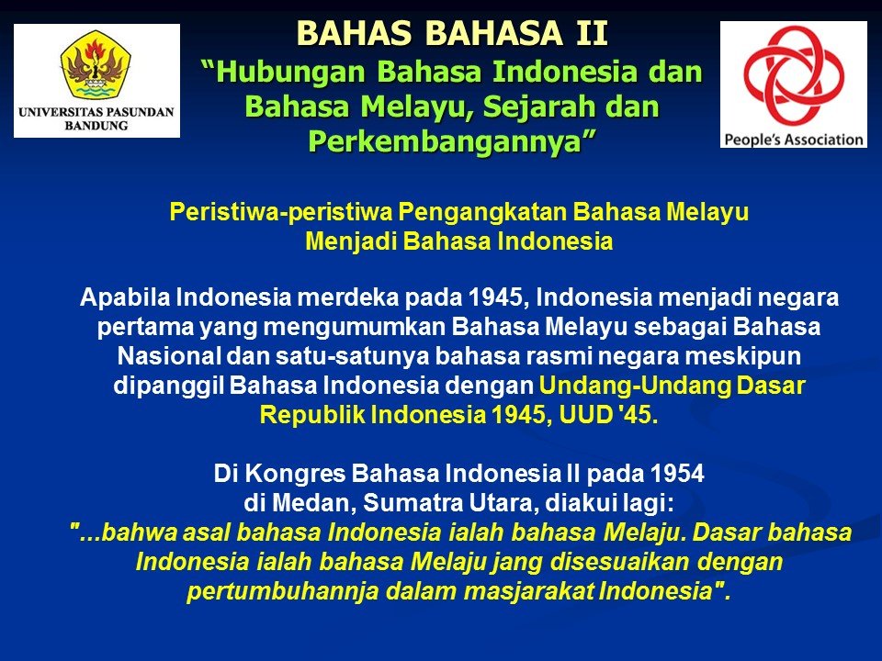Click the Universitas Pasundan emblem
click(96, 64)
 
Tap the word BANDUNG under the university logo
click(96, 126)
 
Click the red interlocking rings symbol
click(794, 75)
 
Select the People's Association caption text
click(794, 139)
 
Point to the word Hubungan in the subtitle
click(291, 73)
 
